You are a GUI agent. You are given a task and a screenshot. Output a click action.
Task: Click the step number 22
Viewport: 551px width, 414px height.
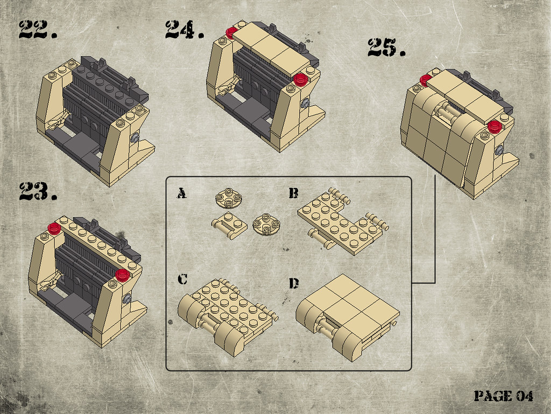tap(37, 30)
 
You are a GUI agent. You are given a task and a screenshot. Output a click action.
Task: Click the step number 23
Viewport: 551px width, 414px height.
tap(37, 191)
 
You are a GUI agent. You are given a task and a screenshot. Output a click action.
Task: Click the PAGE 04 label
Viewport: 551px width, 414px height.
tap(504, 396)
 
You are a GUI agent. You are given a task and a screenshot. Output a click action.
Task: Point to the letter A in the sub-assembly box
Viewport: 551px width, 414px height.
tap(182, 193)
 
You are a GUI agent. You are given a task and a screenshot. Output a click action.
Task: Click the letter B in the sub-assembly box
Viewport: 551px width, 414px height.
tap(293, 193)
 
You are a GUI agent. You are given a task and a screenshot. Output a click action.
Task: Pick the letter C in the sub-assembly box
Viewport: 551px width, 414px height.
tap(182, 279)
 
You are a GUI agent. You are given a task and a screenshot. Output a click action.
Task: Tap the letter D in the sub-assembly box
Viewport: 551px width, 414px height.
tap(294, 283)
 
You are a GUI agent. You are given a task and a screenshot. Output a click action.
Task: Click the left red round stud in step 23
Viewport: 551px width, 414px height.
tap(53, 227)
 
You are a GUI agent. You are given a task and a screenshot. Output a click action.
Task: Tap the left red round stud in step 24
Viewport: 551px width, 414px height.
tap(231, 32)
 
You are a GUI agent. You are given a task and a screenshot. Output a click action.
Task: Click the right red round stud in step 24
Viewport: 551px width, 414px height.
tap(301, 79)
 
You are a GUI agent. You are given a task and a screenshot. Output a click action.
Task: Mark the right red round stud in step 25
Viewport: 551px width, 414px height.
tap(495, 127)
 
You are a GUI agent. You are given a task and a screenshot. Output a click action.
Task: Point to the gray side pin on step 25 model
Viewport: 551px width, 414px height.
tap(500, 150)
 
